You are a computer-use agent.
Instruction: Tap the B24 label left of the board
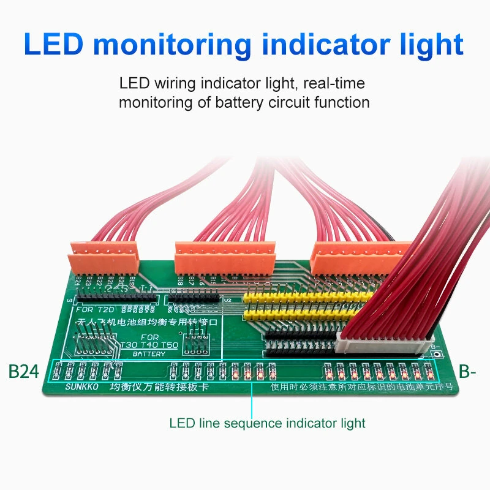[x=23, y=372]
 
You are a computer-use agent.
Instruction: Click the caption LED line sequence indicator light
[x=267, y=423]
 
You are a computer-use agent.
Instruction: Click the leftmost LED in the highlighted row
[x=58, y=371]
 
